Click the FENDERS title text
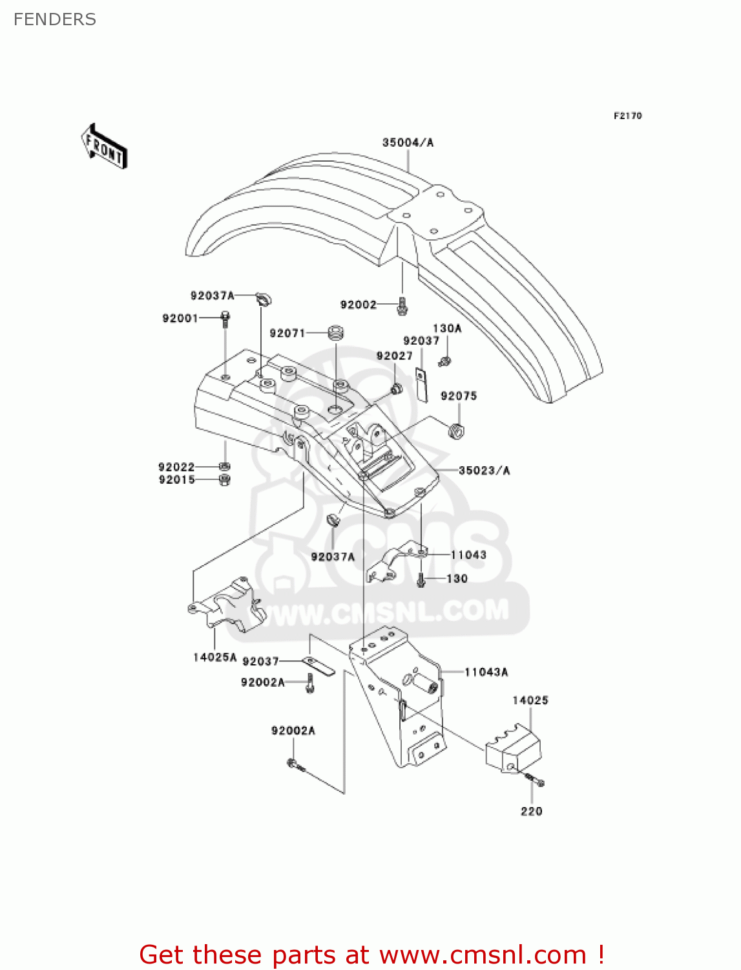click(x=55, y=19)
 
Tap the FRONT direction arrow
click(x=104, y=147)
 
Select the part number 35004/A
click(x=408, y=142)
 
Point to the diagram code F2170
click(x=627, y=116)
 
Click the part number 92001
click(x=180, y=318)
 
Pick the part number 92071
click(x=287, y=333)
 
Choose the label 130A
click(x=447, y=329)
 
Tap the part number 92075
click(x=459, y=396)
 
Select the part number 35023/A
click(x=484, y=470)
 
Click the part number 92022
click(x=176, y=467)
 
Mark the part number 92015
click(x=176, y=480)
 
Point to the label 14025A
click(x=215, y=657)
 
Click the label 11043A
click(x=486, y=672)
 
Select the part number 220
click(x=532, y=811)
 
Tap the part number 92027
click(x=394, y=356)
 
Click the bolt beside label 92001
click(x=225, y=318)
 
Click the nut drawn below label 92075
click(x=457, y=430)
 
